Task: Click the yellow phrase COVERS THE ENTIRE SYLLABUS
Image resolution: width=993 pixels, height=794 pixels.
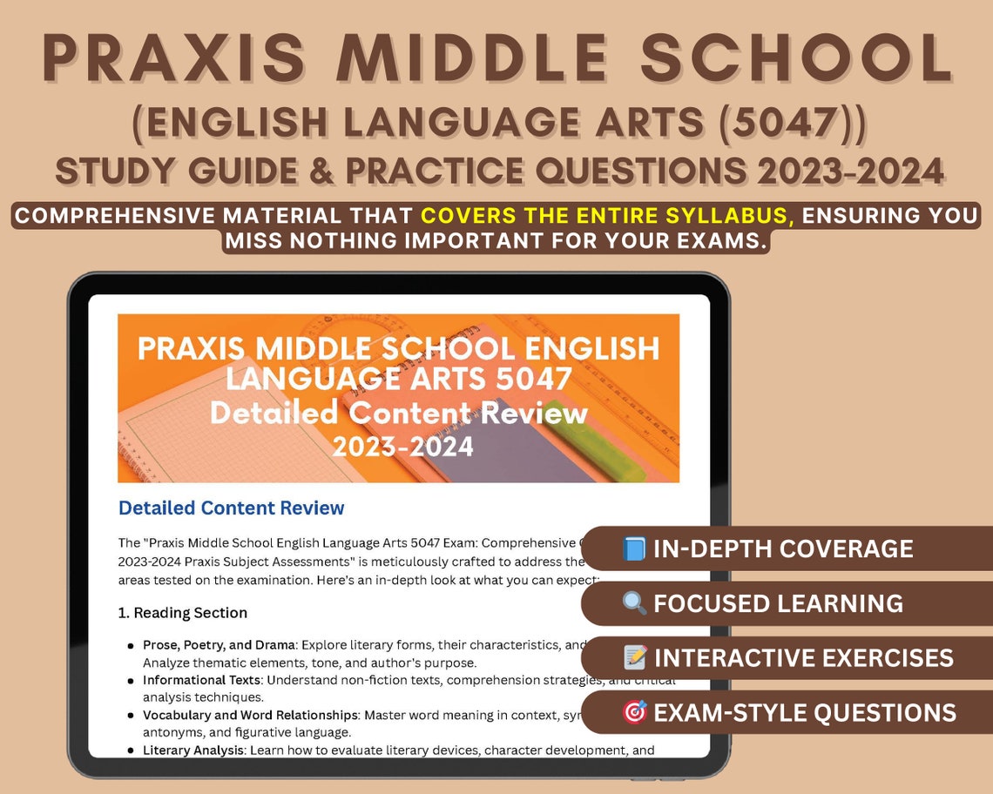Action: click(608, 215)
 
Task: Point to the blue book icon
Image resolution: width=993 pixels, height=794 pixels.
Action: click(633, 549)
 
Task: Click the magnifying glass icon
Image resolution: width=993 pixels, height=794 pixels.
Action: click(633, 603)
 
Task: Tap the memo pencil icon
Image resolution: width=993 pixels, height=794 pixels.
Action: click(633, 657)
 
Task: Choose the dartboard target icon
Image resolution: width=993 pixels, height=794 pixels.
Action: click(633, 712)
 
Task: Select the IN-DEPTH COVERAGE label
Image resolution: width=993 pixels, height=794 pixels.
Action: click(782, 549)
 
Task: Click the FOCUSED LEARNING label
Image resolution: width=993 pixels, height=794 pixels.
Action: click(777, 603)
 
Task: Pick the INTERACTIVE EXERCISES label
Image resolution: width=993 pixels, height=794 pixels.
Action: click(803, 657)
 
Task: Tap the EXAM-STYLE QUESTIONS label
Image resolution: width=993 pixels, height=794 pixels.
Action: click(804, 712)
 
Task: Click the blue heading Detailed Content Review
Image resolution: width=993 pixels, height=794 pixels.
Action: click(231, 508)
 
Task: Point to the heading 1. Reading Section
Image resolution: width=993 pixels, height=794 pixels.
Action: click(182, 613)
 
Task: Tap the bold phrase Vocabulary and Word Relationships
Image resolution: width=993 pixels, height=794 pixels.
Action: click(251, 715)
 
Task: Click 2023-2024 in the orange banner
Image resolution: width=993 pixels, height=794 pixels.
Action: click(402, 446)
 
